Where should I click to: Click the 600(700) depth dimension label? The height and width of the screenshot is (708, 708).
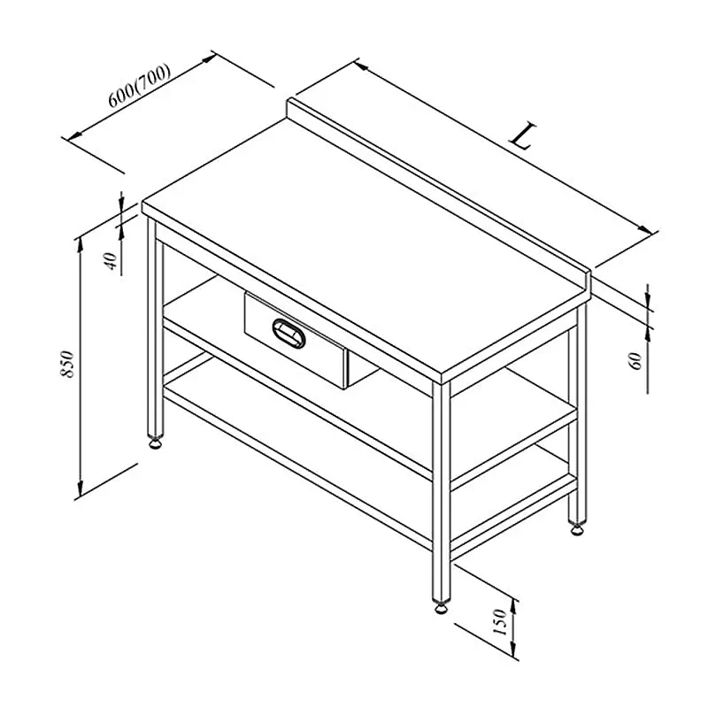pyautogui.click(x=140, y=86)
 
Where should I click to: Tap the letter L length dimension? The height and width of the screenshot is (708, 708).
pyautogui.click(x=523, y=135)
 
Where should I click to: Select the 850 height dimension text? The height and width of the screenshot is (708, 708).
pyautogui.click(x=67, y=364)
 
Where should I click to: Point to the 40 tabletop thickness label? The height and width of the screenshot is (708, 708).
pyautogui.click(x=111, y=261)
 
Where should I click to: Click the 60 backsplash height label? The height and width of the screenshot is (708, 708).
pyautogui.click(x=635, y=361)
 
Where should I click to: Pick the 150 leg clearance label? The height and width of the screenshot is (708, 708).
pyautogui.click(x=500, y=622)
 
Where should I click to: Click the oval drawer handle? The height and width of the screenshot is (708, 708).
pyautogui.click(x=289, y=334)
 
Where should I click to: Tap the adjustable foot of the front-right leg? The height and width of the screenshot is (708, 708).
pyautogui.click(x=441, y=607)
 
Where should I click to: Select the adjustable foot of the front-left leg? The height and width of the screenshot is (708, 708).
pyautogui.click(x=156, y=444)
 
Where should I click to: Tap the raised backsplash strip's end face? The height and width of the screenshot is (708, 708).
pyautogui.click(x=588, y=285)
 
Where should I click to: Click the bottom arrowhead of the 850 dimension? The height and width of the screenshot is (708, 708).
pyautogui.click(x=81, y=488)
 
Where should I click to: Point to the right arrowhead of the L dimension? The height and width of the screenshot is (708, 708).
pyautogui.click(x=645, y=228)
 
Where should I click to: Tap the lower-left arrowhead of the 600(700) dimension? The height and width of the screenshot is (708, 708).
pyautogui.click(x=74, y=135)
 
